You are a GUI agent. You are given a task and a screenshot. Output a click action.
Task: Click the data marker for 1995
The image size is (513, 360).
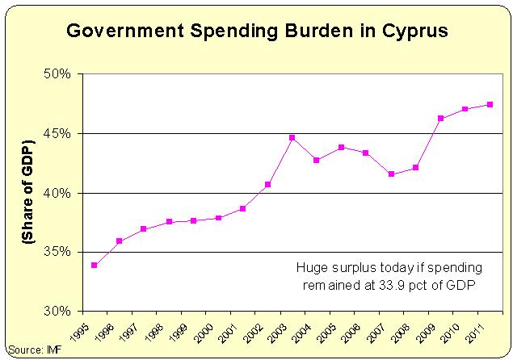pyautogui.click(x=95, y=265)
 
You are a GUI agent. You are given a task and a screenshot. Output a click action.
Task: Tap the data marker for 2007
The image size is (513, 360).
pyautogui.click(x=391, y=174)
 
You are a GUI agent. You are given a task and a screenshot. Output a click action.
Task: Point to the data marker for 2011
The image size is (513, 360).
pyautogui.click(x=490, y=104)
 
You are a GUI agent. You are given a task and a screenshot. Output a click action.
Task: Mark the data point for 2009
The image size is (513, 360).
pyautogui.click(x=441, y=119)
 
